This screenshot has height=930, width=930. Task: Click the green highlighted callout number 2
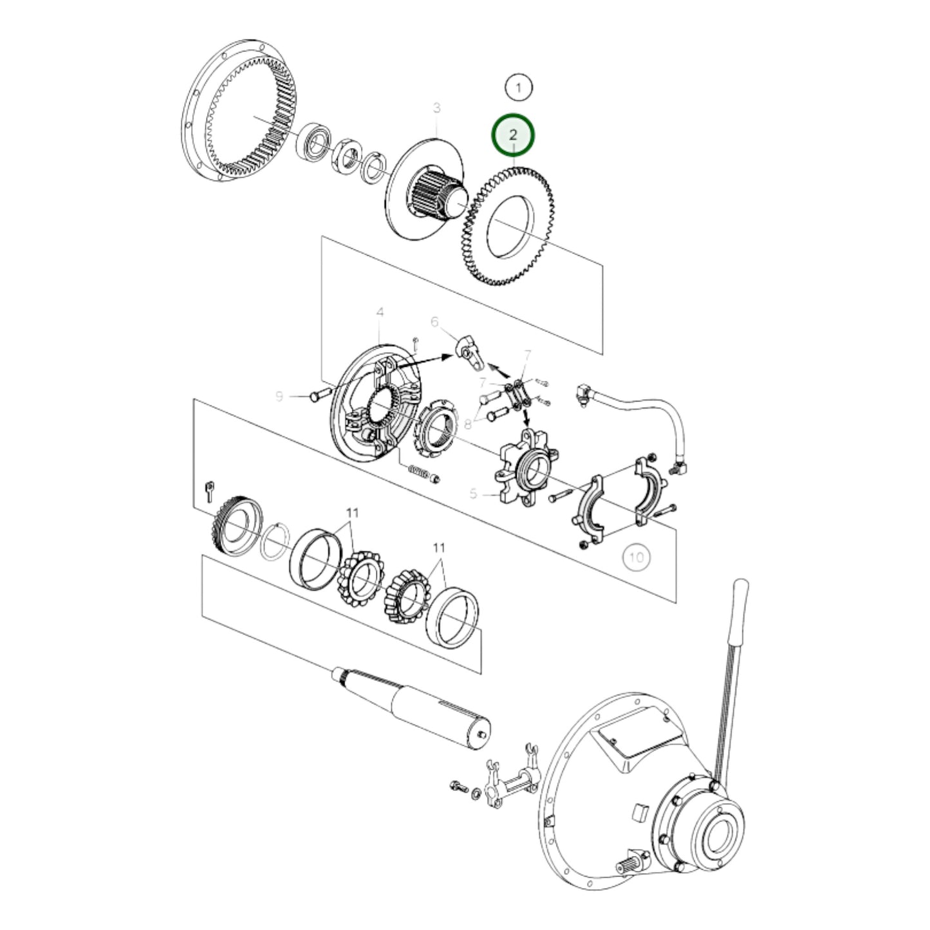[513, 135]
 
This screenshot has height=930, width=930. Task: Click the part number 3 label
[437, 108]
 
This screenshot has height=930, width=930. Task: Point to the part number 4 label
[380, 313]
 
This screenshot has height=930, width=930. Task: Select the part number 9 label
[279, 396]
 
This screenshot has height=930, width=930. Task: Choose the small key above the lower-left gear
[209, 490]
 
